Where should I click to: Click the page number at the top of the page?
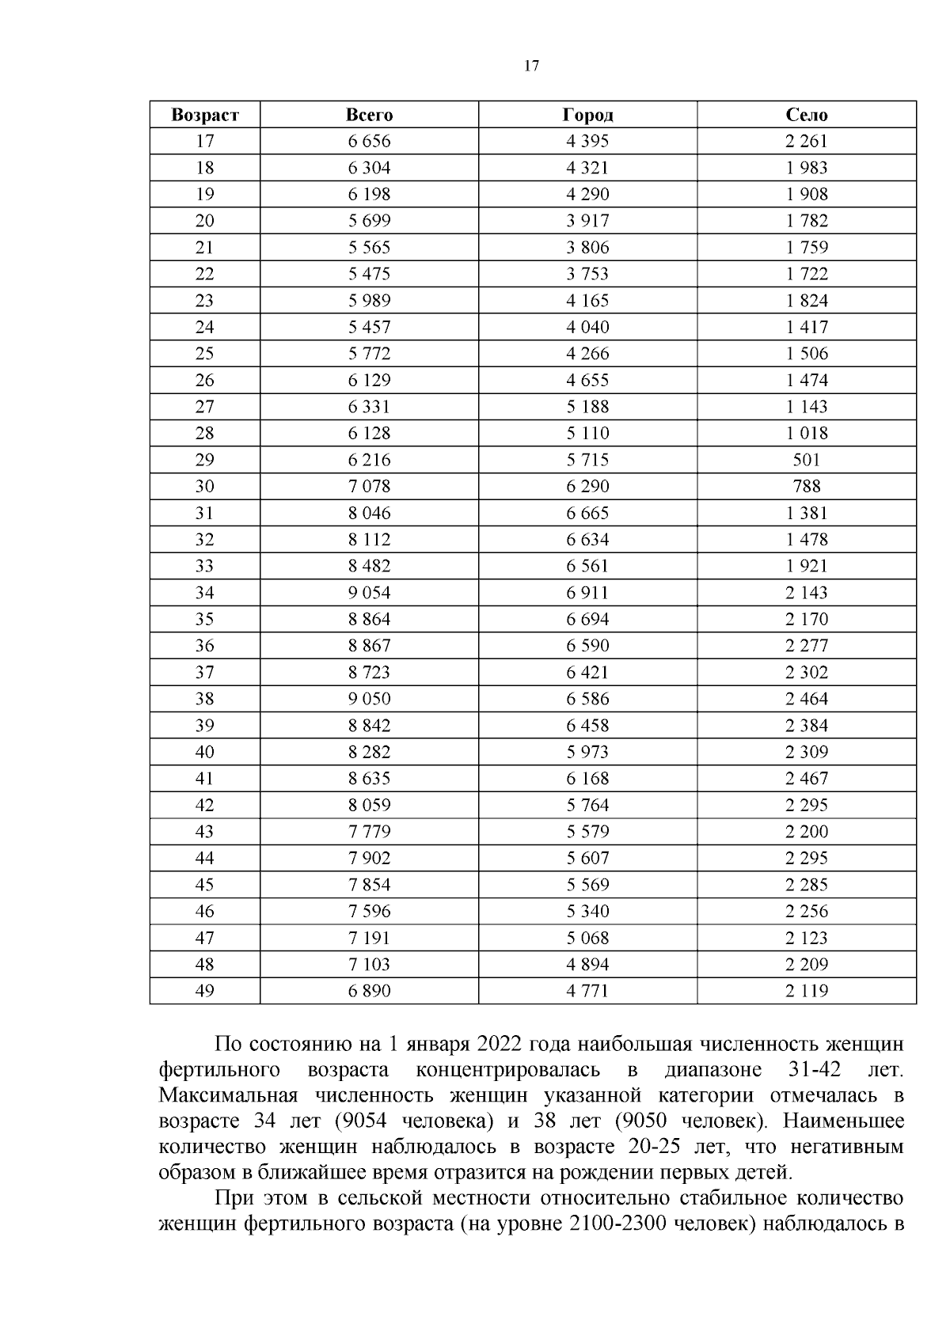(531, 66)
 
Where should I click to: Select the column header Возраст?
(204, 115)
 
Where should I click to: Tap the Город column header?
(587, 115)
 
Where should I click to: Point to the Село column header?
(806, 115)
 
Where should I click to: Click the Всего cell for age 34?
(369, 593)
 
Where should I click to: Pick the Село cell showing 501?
(806, 460)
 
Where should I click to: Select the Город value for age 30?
(587, 487)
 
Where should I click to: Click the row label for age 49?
(204, 991)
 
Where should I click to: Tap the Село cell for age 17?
(806, 142)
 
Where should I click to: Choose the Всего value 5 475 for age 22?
(369, 274)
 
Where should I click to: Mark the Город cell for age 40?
(587, 752)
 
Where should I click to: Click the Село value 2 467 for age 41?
(806, 779)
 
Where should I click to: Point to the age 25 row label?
(204, 354)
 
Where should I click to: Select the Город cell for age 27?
(587, 407)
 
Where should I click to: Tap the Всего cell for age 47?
(369, 938)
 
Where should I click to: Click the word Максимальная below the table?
(228, 1096)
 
